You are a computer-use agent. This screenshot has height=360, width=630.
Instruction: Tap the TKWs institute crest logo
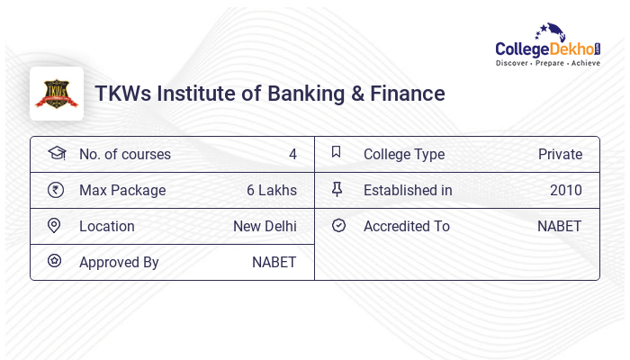click(x=57, y=94)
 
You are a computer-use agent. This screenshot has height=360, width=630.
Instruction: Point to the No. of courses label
click(x=125, y=154)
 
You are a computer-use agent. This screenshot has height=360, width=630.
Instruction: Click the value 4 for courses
click(x=292, y=154)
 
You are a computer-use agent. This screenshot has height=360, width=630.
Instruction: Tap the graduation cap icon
click(x=56, y=153)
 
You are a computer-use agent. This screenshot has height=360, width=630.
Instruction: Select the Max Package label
click(x=122, y=190)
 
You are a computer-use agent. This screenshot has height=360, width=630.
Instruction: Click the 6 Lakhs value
click(x=271, y=190)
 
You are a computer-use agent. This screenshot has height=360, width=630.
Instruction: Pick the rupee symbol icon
click(x=56, y=189)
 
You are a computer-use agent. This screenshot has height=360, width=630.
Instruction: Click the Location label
click(x=107, y=226)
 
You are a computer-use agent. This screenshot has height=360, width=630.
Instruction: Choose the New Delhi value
click(x=265, y=226)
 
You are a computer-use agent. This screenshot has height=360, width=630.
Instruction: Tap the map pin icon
click(x=55, y=225)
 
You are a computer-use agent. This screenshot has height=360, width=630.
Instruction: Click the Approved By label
click(x=119, y=262)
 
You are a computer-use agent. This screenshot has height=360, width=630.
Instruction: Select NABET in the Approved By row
click(x=274, y=262)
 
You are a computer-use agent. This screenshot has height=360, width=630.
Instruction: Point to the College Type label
click(x=404, y=154)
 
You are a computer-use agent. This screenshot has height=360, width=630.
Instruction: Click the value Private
click(x=560, y=154)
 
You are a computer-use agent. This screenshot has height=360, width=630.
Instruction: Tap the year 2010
click(x=566, y=190)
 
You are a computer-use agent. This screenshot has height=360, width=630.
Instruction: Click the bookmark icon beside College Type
click(x=337, y=152)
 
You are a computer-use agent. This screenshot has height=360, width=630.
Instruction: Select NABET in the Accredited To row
click(x=560, y=226)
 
